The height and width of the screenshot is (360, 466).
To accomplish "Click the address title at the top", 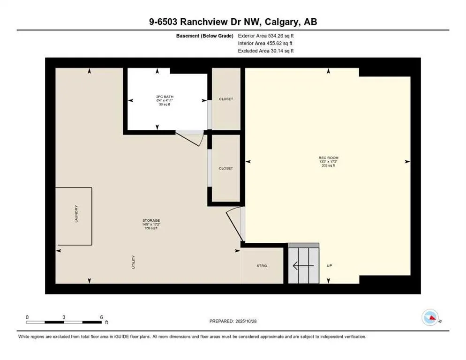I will (233, 22).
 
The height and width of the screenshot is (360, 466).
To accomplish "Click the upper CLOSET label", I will (226, 99).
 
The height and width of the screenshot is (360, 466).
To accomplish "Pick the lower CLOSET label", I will (225, 168).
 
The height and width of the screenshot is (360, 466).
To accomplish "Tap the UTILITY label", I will (134, 261).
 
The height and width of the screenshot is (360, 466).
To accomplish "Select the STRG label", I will (262, 266).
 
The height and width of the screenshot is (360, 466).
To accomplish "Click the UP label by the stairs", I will (329, 266).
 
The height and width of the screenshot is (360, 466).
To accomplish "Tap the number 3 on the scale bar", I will (64, 317).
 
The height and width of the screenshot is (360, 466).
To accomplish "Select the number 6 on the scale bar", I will (101, 317).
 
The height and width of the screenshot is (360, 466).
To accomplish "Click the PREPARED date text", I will (233, 321).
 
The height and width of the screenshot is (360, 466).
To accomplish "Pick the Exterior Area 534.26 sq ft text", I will (266, 36).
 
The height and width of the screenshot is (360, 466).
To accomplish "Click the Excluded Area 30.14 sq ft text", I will (266, 51).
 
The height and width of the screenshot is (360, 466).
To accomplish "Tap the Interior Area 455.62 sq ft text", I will (266, 43).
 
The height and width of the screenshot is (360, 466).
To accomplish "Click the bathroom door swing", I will (190, 138).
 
